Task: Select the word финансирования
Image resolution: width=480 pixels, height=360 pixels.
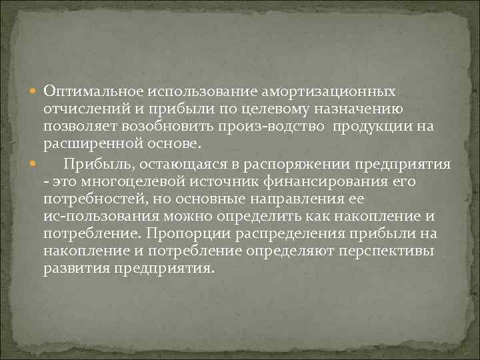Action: coord(309,181)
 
